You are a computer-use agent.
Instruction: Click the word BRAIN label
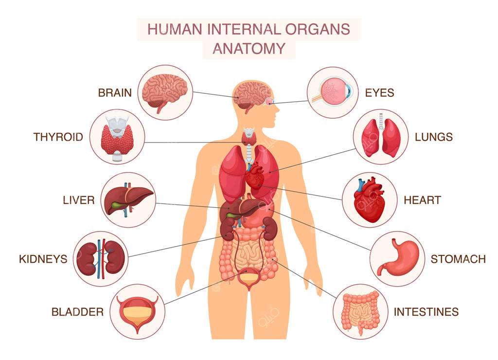[x=115, y=93]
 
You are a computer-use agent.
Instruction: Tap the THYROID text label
[x=58, y=137]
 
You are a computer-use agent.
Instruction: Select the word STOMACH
[x=458, y=259]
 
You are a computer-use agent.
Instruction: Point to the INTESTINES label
[x=426, y=312]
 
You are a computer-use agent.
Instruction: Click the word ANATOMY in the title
[x=249, y=49]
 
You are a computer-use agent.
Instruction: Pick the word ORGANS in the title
[x=318, y=29]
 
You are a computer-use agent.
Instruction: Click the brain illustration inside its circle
[x=164, y=92]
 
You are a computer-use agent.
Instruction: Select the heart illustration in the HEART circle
[x=369, y=200]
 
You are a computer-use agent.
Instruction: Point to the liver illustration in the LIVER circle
[x=128, y=199]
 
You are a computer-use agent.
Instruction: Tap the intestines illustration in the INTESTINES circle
[x=360, y=313]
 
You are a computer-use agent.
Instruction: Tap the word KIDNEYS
[x=43, y=259]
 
